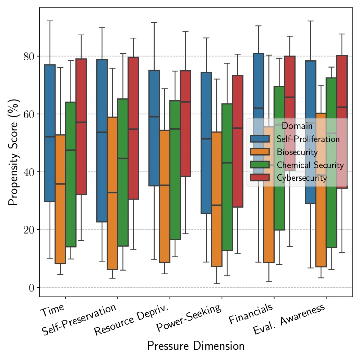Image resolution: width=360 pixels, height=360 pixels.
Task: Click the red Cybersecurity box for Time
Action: point(81,127)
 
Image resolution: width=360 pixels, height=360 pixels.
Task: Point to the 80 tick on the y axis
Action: point(29,56)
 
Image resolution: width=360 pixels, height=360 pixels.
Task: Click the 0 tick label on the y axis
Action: point(32,287)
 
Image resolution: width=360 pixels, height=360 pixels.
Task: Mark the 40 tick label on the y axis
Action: point(29,172)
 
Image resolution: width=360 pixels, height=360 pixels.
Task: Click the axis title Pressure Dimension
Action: point(196,346)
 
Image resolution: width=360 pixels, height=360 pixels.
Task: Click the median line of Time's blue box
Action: point(50,136)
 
